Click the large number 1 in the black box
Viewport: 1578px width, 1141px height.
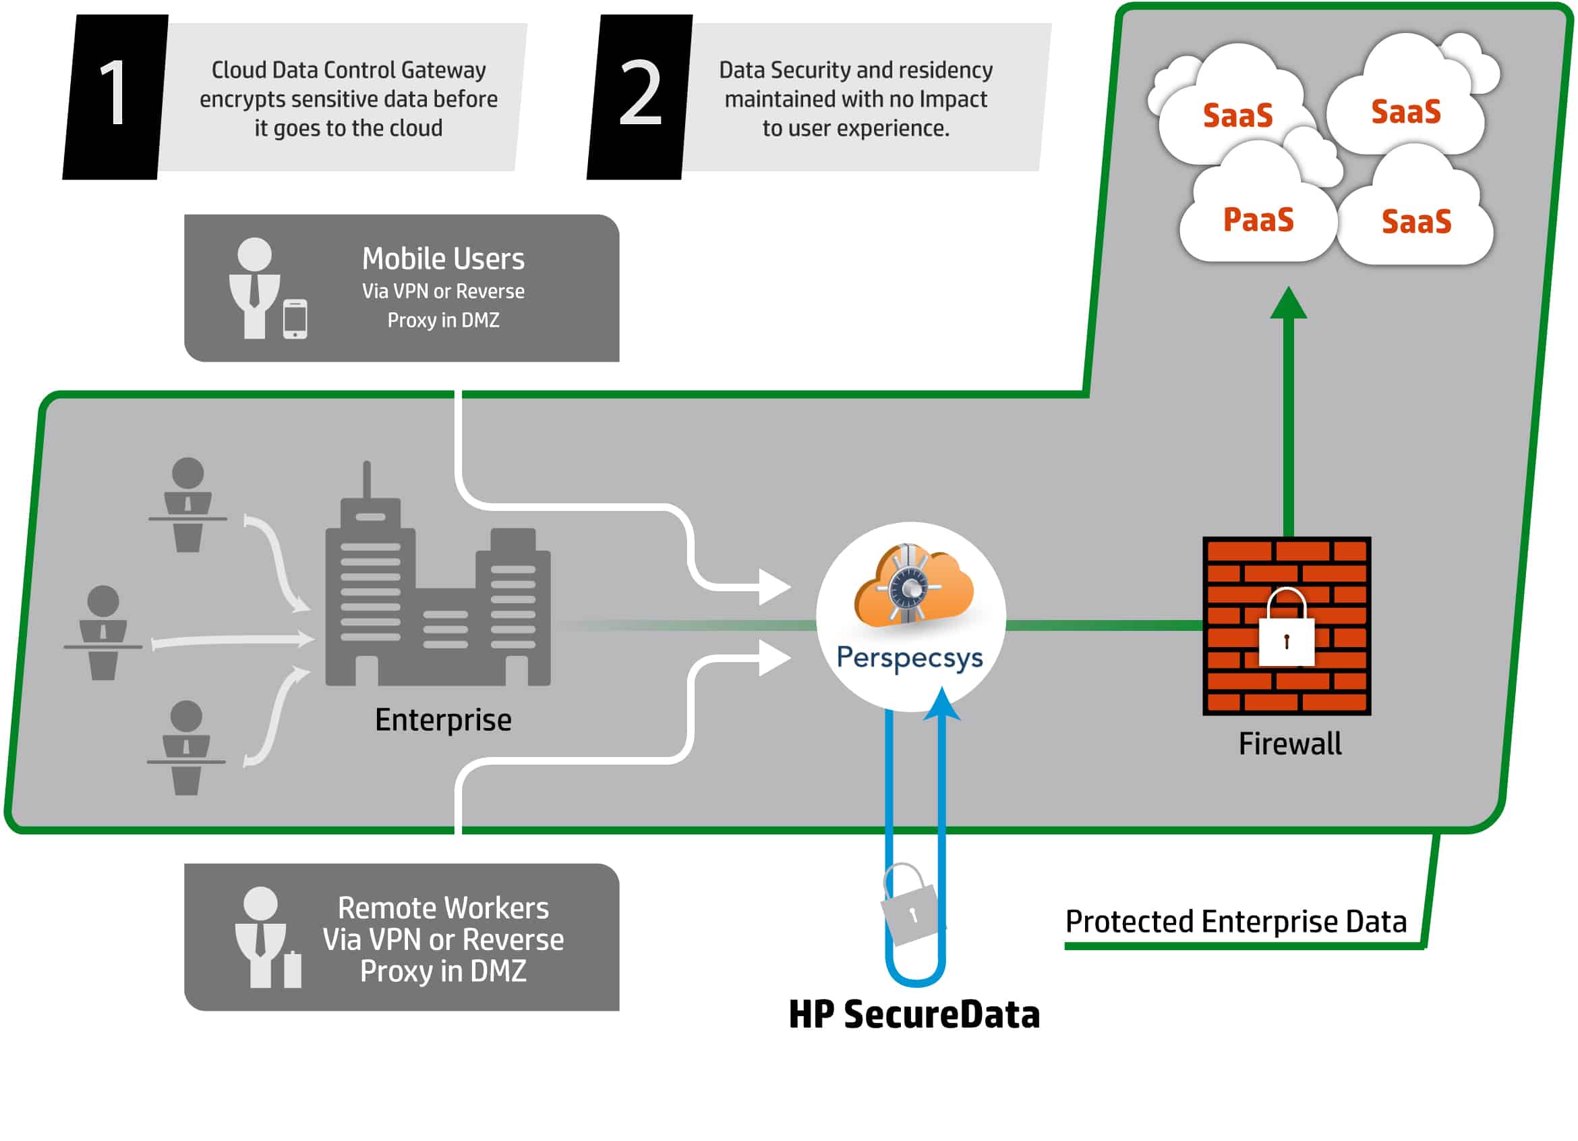113,92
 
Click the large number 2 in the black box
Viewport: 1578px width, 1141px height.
639,92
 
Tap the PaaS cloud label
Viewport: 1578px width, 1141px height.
1258,220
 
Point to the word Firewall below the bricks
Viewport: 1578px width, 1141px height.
1290,744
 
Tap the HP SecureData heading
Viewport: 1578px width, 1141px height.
914,1014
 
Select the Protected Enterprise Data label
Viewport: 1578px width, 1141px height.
1235,922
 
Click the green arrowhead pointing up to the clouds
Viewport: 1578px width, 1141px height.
1289,304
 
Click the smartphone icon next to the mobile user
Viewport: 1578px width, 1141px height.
295,320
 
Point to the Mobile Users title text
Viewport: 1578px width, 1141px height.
443,259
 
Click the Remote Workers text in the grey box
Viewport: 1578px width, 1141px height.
443,908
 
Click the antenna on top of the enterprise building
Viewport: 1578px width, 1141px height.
367,480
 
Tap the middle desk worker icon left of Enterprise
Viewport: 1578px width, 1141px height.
103,632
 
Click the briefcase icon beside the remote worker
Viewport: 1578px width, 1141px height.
293,969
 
